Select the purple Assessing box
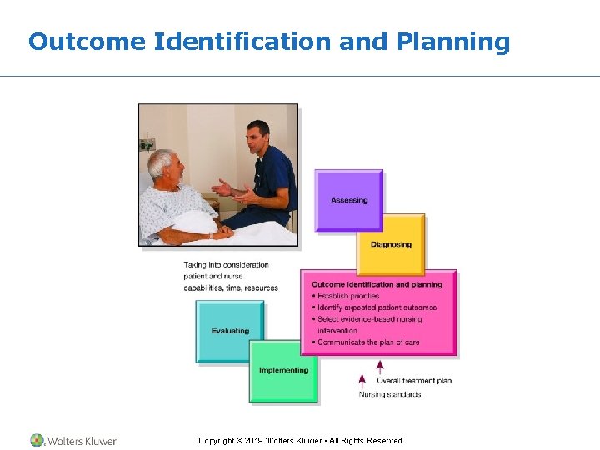[348, 200]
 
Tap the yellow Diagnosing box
[391, 244]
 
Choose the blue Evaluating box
[230, 331]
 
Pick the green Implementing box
[283, 371]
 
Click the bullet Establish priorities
[347, 296]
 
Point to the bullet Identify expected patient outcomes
[377, 307]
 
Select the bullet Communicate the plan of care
[367, 342]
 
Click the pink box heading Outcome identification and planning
[377, 284]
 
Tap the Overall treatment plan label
[414, 381]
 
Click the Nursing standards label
[390, 394]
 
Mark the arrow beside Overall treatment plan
[380, 368]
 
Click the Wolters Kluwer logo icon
[37, 440]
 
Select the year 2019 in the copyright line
[252, 441]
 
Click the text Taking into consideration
[226, 265]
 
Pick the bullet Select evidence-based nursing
[369, 319]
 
